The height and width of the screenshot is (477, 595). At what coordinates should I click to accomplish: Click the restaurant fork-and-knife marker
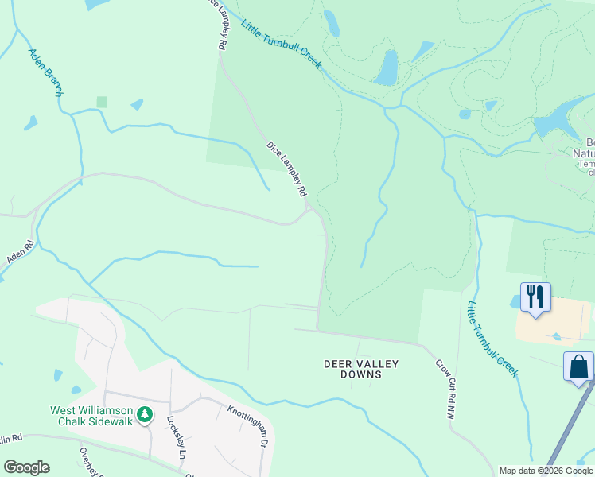pos(535,297)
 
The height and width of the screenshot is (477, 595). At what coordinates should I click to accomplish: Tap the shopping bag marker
pos(578,367)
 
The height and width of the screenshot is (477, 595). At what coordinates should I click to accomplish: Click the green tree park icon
pos(144,415)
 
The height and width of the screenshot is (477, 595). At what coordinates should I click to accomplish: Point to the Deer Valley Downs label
pos(361,369)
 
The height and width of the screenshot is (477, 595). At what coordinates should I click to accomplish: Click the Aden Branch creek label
pos(45,72)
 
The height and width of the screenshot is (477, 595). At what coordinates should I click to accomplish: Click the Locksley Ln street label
pos(176,437)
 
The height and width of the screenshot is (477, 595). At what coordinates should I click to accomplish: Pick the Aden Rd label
pos(19,252)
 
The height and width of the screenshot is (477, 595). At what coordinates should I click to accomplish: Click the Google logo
pos(26,467)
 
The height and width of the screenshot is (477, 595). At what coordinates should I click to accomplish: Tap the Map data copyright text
pos(546,471)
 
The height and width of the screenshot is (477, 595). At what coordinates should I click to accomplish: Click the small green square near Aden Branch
pos(101,102)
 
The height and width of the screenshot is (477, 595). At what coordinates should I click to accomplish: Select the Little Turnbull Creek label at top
pos(281,44)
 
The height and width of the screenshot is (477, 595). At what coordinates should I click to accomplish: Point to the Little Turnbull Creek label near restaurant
pos(492,338)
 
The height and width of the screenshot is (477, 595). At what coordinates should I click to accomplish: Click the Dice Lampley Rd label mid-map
pos(286,169)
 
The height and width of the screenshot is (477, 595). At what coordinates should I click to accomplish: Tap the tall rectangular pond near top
pos(387,68)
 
